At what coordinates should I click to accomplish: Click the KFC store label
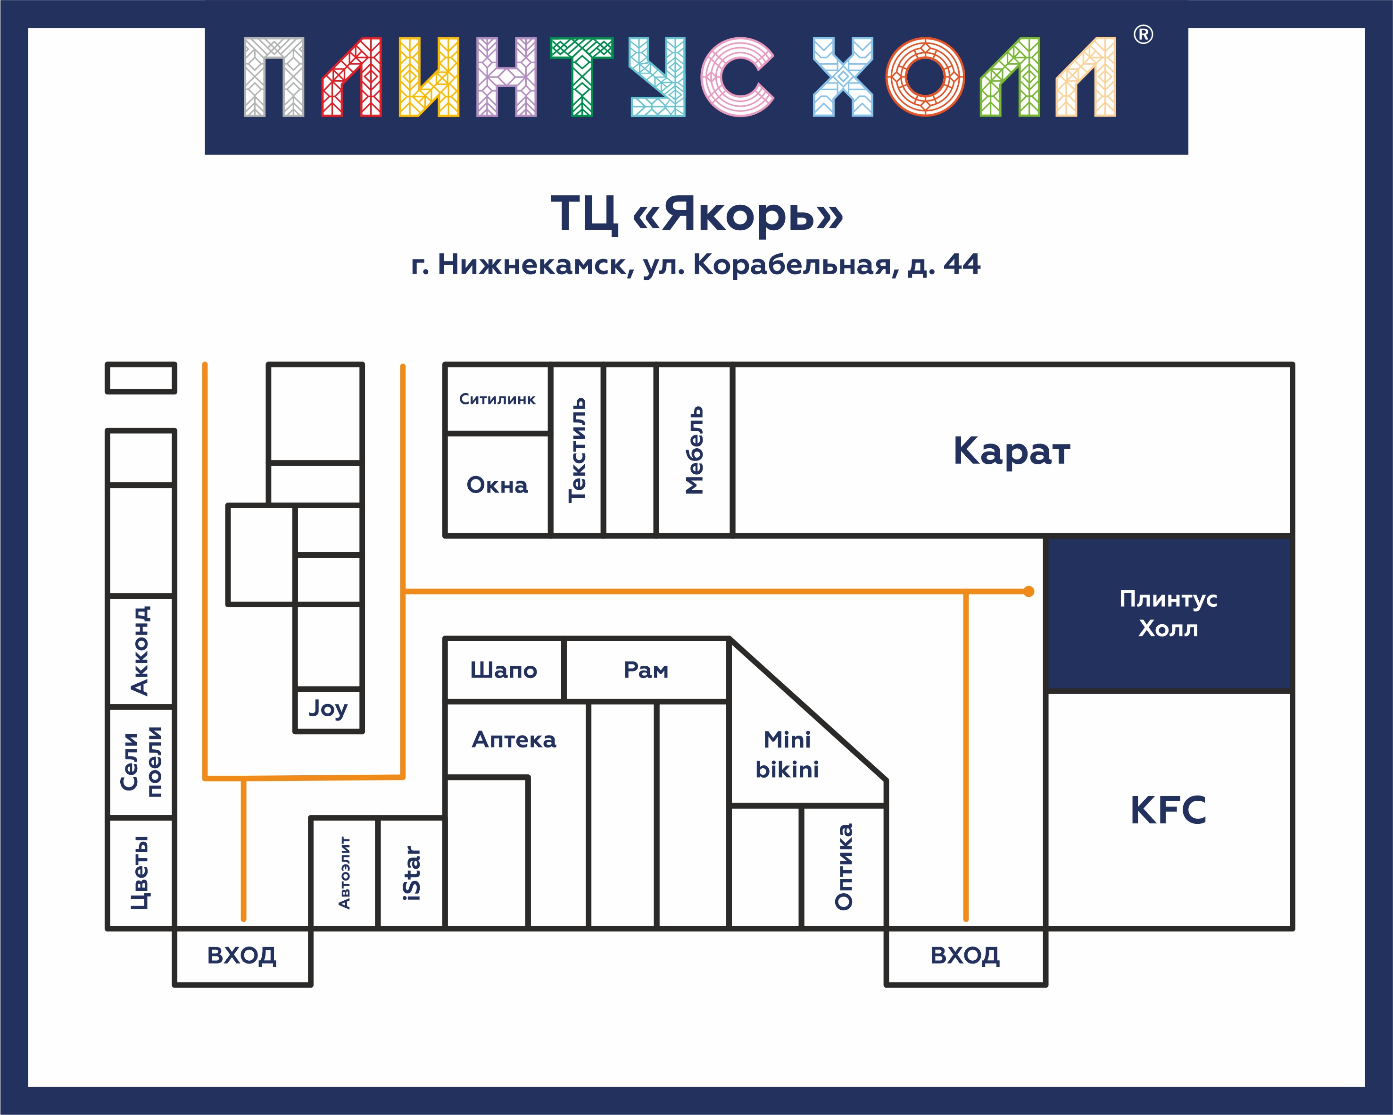(x=1168, y=810)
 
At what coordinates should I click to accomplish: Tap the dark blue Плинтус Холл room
(x=1168, y=613)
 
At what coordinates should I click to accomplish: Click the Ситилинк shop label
(x=497, y=399)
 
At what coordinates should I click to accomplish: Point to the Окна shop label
(x=497, y=485)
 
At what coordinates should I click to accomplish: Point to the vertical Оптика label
(x=844, y=867)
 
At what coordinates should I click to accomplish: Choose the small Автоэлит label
(x=344, y=872)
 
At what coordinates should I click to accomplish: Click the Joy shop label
(x=328, y=708)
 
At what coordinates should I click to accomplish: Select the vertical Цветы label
(x=140, y=872)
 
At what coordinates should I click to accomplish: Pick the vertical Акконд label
(x=140, y=650)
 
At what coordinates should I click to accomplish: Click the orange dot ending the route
(x=1028, y=591)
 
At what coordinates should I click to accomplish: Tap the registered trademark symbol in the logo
(x=1143, y=34)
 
